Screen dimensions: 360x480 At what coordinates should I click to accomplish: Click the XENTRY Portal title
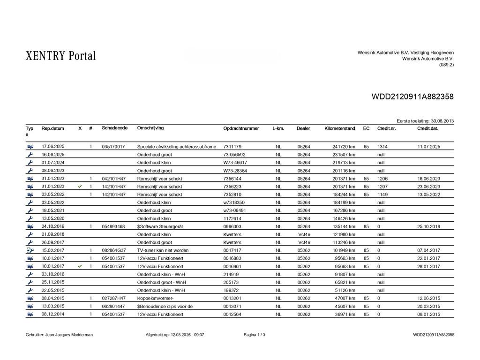[60, 56]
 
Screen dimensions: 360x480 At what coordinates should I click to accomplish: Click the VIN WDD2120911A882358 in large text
[412, 97]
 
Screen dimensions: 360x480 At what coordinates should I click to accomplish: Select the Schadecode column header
[114, 128]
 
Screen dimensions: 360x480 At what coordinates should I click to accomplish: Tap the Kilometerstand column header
[340, 128]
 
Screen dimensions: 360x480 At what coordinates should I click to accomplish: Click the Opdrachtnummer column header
[241, 128]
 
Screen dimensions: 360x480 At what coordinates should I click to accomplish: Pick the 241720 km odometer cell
[344, 147]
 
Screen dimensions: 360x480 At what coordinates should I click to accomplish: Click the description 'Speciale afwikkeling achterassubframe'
[176, 147]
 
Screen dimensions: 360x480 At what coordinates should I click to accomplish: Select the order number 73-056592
[234, 155]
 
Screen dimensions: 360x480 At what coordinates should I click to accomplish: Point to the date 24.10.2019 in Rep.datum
[53, 226]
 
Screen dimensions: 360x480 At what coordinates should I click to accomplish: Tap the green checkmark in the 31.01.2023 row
[80, 187]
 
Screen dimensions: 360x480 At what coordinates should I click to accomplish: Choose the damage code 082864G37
[114, 250]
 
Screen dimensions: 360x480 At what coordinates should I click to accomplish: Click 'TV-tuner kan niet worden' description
[163, 250]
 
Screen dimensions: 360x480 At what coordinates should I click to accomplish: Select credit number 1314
[382, 147]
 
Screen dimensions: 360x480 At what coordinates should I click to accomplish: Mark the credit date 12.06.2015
[428, 298]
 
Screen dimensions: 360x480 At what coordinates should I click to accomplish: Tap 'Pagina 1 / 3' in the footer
[254, 335]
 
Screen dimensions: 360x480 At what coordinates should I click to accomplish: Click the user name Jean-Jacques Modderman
[59, 335]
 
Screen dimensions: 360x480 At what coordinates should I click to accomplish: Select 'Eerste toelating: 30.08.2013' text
[425, 121]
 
